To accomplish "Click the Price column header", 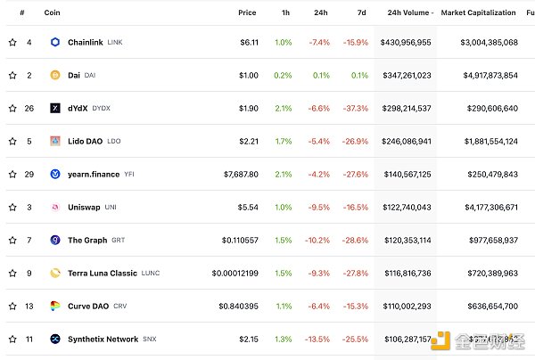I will coord(247,12).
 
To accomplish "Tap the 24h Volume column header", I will coord(408,12).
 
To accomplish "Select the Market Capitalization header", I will coord(478,12).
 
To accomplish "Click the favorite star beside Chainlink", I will coord(12,42).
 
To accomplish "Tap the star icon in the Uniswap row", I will coord(12,207).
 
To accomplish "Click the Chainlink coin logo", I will coord(54,42).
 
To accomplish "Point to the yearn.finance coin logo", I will coord(54,174).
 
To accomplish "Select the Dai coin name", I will coord(74,75).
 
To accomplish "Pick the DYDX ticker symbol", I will coord(101,108).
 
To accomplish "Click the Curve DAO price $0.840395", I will coord(236,306).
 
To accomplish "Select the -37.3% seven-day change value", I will coord(358,108).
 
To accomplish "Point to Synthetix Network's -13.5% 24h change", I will coord(318,339).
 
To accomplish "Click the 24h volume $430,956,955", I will coord(406,42).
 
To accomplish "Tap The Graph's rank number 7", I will coord(29,240).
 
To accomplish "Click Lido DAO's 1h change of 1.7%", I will coord(283,141).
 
